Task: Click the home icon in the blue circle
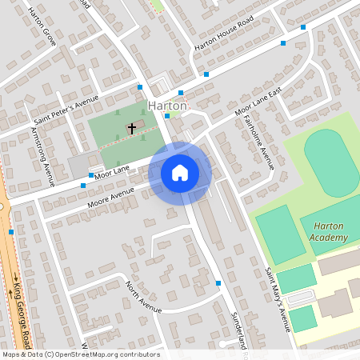[180, 173]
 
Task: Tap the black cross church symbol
[132, 126]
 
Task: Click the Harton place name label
[167, 106]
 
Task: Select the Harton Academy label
[330, 232]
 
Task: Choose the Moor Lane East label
[258, 102]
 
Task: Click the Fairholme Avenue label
[258, 142]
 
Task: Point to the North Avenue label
[144, 297]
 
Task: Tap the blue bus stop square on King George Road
[11, 232]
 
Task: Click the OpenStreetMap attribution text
[80, 354]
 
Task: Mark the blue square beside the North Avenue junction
[218, 283]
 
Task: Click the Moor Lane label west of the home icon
[112, 170]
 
